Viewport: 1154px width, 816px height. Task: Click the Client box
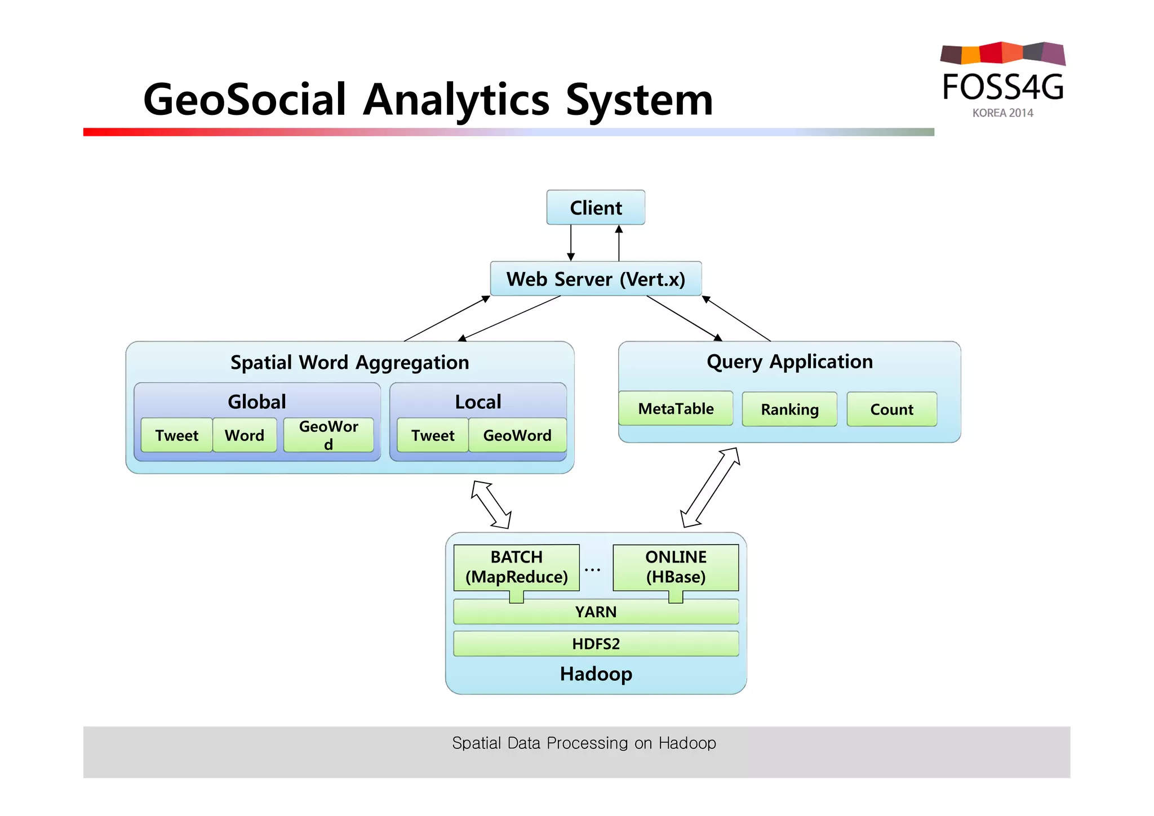pos(596,208)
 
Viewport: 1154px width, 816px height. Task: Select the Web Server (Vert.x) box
pos(596,279)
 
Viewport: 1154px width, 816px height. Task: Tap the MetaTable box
pos(676,409)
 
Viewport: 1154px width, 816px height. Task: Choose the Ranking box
pos(789,409)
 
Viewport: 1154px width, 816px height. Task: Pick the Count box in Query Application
pos(891,409)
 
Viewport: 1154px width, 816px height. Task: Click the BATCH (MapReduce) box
pos(516,567)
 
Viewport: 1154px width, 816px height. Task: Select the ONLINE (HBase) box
pos(676,567)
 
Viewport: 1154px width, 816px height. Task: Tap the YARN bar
pos(596,612)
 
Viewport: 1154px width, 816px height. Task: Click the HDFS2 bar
pos(596,644)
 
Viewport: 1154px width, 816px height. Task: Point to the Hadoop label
pos(596,674)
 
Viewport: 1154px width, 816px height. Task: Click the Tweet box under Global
pos(176,435)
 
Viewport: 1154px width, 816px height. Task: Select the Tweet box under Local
pos(432,435)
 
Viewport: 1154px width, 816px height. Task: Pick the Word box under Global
pos(245,435)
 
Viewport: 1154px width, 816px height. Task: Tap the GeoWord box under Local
pos(517,435)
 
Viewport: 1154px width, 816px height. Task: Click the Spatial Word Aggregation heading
pos(349,363)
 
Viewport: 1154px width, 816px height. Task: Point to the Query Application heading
pos(789,362)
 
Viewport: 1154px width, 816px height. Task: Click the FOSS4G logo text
pos(1003,87)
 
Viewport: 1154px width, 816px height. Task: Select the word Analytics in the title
pos(456,100)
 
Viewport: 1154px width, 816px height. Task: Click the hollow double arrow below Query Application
pos(710,488)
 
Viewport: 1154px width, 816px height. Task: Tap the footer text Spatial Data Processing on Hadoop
pos(584,743)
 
